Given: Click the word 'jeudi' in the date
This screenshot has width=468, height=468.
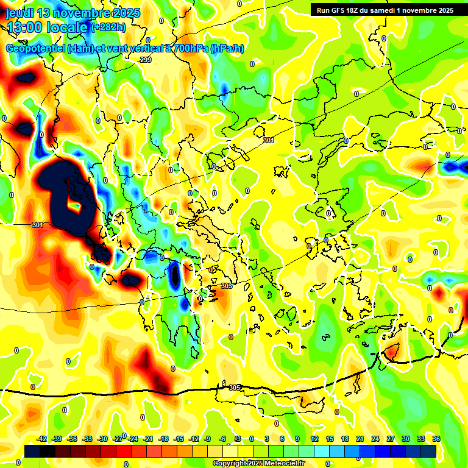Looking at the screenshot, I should coord(19,13).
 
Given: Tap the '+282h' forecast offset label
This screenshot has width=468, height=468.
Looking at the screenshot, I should coord(108,27).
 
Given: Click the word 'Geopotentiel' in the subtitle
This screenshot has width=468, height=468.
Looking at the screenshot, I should coord(35,48).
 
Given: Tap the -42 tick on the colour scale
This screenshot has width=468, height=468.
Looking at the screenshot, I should coord(42,439).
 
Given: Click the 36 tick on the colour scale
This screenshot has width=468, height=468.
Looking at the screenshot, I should coord(436,439).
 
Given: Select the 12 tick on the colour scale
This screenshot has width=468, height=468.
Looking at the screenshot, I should coord(314,439).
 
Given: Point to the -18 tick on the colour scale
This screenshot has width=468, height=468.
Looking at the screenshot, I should coord(163,439).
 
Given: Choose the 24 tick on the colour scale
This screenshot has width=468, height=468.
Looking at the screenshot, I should coord(375,439).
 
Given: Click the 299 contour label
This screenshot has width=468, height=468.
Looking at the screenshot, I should coord(146,60).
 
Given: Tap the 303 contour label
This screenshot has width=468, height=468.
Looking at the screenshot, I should coord(226,286).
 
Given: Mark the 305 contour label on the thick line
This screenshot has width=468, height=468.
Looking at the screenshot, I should coord(235,388).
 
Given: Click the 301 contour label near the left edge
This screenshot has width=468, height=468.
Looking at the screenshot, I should coord(38,225).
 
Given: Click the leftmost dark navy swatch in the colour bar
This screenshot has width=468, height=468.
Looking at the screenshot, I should coord(32,451).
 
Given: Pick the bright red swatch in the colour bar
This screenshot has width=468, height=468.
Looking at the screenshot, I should coord(124,451).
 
